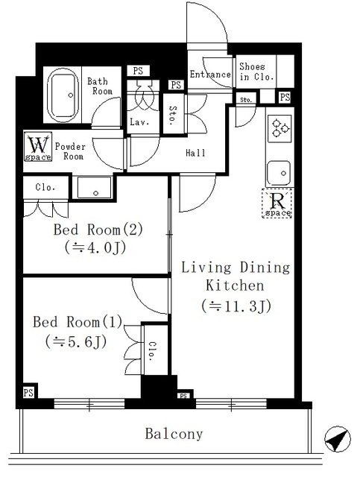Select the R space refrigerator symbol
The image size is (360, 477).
(x=277, y=204)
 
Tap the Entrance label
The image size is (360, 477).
(x=209, y=75)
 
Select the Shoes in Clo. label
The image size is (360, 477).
(x=257, y=72)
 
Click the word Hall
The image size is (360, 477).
(x=195, y=153)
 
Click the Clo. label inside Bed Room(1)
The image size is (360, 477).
(x=152, y=350)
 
